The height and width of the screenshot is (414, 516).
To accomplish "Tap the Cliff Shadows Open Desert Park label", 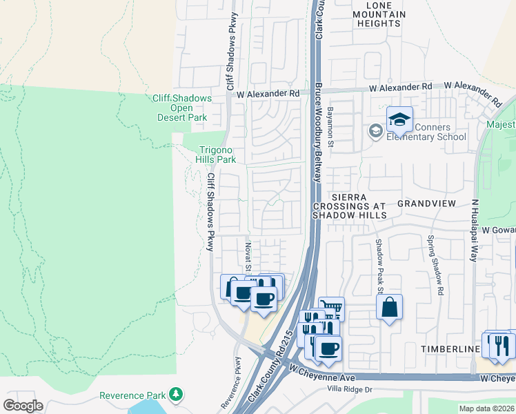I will (181, 108).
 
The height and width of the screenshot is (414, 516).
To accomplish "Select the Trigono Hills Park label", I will (217, 155).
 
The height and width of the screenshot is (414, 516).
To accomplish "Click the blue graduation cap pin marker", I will (399, 120).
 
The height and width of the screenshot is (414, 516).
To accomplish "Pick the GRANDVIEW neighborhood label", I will (426, 204).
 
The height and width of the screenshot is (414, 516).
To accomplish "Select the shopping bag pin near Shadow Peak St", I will (389, 307).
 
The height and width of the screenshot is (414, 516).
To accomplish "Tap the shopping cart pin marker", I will (331, 309).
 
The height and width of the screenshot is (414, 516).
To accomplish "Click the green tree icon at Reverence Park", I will (177, 395).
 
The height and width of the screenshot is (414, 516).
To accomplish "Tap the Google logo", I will (23, 405).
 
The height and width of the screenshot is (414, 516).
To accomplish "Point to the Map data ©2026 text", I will (486, 408).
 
